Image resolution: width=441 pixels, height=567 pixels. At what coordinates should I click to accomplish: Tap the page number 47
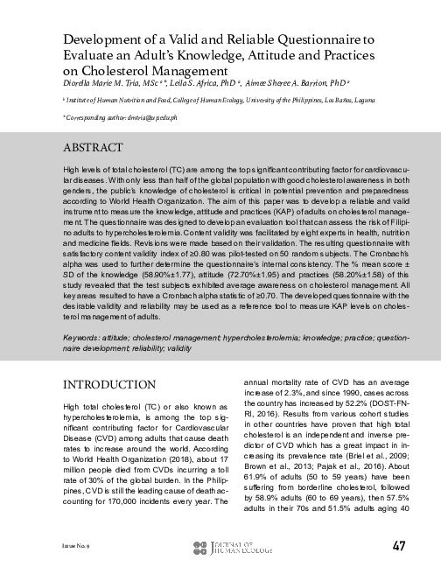(398, 546)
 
